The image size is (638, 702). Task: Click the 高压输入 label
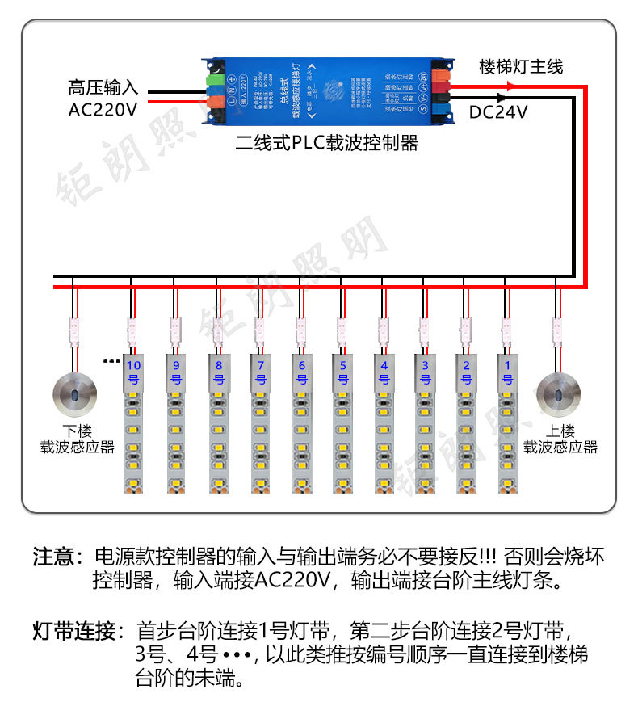point(103,86)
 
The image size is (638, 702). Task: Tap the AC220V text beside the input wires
point(103,109)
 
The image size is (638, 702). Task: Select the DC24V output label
point(498,112)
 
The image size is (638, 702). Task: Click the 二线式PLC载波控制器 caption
point(327,143)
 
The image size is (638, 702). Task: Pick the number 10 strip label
point(134,372)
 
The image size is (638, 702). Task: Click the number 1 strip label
point(507,372)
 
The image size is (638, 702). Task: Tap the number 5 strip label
point(342,372)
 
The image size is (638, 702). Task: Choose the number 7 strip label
point(259,372)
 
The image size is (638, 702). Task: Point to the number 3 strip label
point(425,372)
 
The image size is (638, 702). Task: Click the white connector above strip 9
point(175,329)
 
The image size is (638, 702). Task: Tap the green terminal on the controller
point(216,78)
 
